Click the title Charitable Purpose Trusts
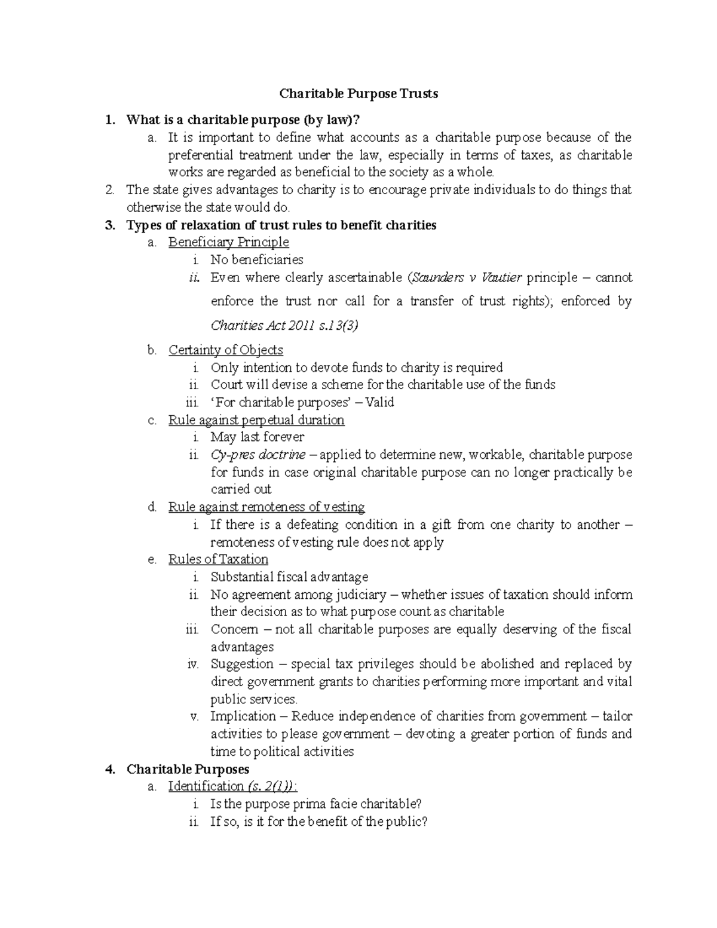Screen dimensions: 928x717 pyautogui.click(x=358, y=94)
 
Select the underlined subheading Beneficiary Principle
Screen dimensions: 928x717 pyautogui.click(x=228, y=242)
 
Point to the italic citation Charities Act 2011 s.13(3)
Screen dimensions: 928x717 pyautogui.click(x=284, y=326)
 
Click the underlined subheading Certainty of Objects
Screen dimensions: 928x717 pyautogui.click(x=225, y=350)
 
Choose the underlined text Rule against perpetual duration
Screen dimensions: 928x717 pyautogui.click(x=256, y=420)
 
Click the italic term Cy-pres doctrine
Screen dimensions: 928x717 pyautogui.click(x=258, y=455)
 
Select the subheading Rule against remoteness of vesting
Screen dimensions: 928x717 pyautogui.click(x=266, y=507)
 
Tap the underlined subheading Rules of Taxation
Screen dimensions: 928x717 pyautogui.click(x=218, y=559)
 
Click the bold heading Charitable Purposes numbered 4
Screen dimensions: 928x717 pyautogui.click(x=188, y=769)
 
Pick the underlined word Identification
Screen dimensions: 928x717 pyautogui.click(x=198, y=786)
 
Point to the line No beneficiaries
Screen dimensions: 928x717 pyautogui.click(x=256, y=260)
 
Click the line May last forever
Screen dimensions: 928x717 pyautogui.click(x=257, y=437)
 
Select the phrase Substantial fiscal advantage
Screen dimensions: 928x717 pyautogui.click(x=289, y=577)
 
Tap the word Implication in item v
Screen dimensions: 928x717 pyautogui.click(x=243, y=716)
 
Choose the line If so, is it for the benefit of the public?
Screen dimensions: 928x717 pyautogui.click(x=319, y=822)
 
